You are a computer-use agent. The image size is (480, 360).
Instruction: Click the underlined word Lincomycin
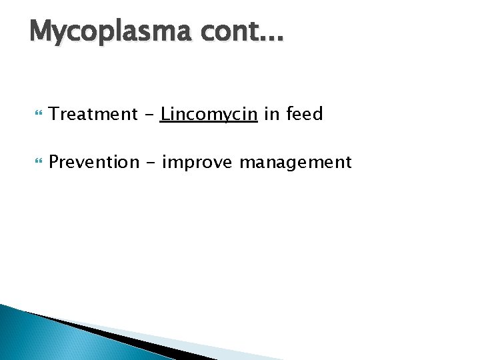(x=209, y=115)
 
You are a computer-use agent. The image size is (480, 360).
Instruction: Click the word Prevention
(x=93, y=162)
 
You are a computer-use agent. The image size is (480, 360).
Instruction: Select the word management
(x=295, y=163)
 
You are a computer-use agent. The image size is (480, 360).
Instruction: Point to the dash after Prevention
(x=149, y=163)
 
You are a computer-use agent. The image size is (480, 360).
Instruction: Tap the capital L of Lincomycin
(x=165, y=113)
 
